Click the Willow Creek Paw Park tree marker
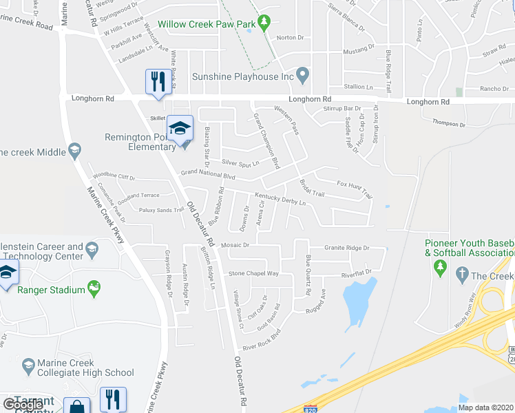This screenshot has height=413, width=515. (x=264, y=24)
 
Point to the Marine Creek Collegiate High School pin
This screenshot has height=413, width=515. (x=28, y=364)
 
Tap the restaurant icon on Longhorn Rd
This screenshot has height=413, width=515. (x=158, y=82)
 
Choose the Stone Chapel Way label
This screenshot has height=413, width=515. (x=253, y=273)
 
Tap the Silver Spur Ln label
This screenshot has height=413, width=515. (x=240, y=163)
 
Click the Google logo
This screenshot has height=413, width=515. (x=22, y=404)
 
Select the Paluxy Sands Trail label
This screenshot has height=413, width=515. (x=162, y=210)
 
